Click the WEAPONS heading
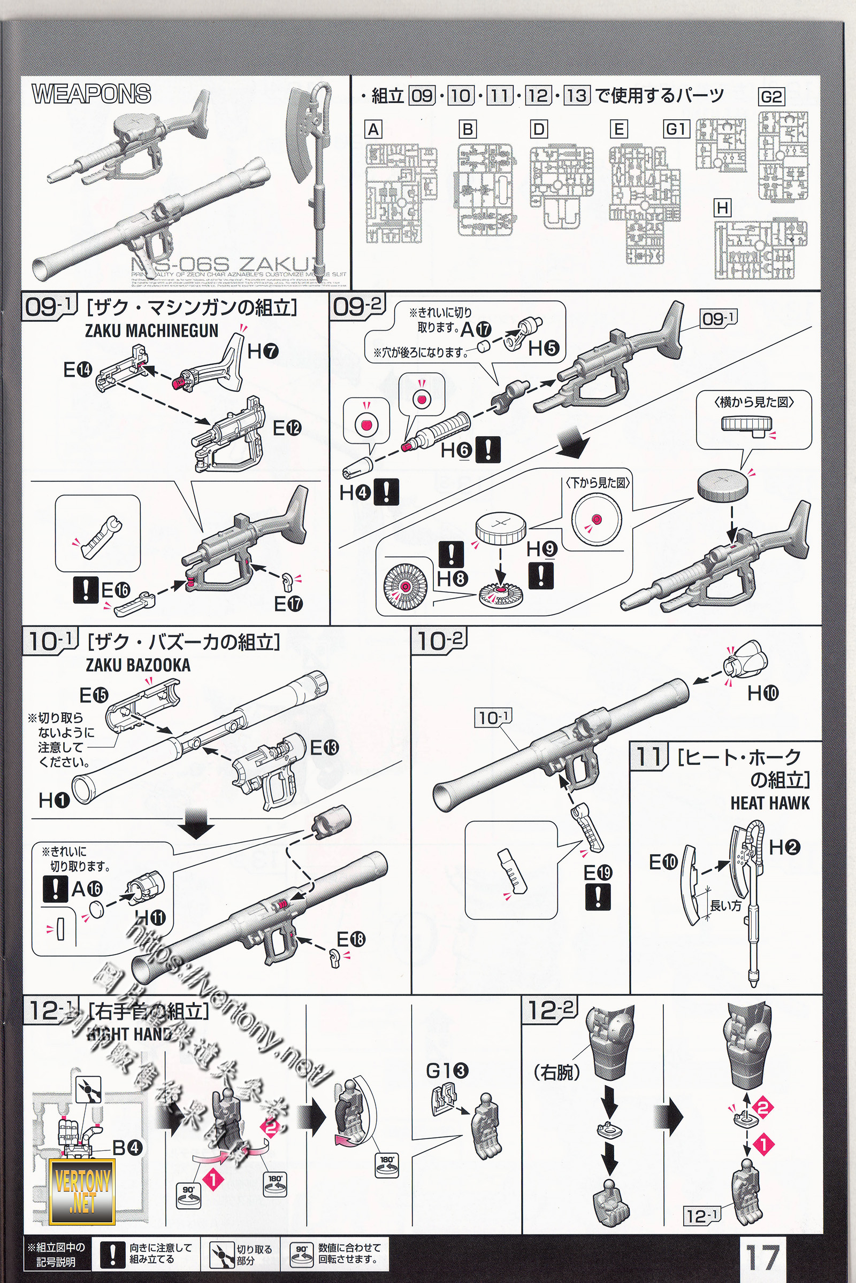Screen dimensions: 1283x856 coord(91,94)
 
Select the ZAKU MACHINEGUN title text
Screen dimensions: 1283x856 coord(152,330)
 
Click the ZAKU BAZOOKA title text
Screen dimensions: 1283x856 coord(138,665)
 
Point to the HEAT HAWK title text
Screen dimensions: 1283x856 coord(770,803)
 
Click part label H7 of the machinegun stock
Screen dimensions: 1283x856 coord(263,351)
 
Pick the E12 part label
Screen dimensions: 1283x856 coord(287,428)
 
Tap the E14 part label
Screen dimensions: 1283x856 coord(78,370)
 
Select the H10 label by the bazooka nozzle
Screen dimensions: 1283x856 coord(763,693)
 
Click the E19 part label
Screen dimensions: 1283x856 coord(598,873)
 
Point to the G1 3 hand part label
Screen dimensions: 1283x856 coord(447,1071)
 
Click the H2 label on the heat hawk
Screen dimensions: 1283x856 coord(784,847)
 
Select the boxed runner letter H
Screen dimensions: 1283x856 coord(722,208)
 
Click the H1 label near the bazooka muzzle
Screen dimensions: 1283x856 coord(54,801)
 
